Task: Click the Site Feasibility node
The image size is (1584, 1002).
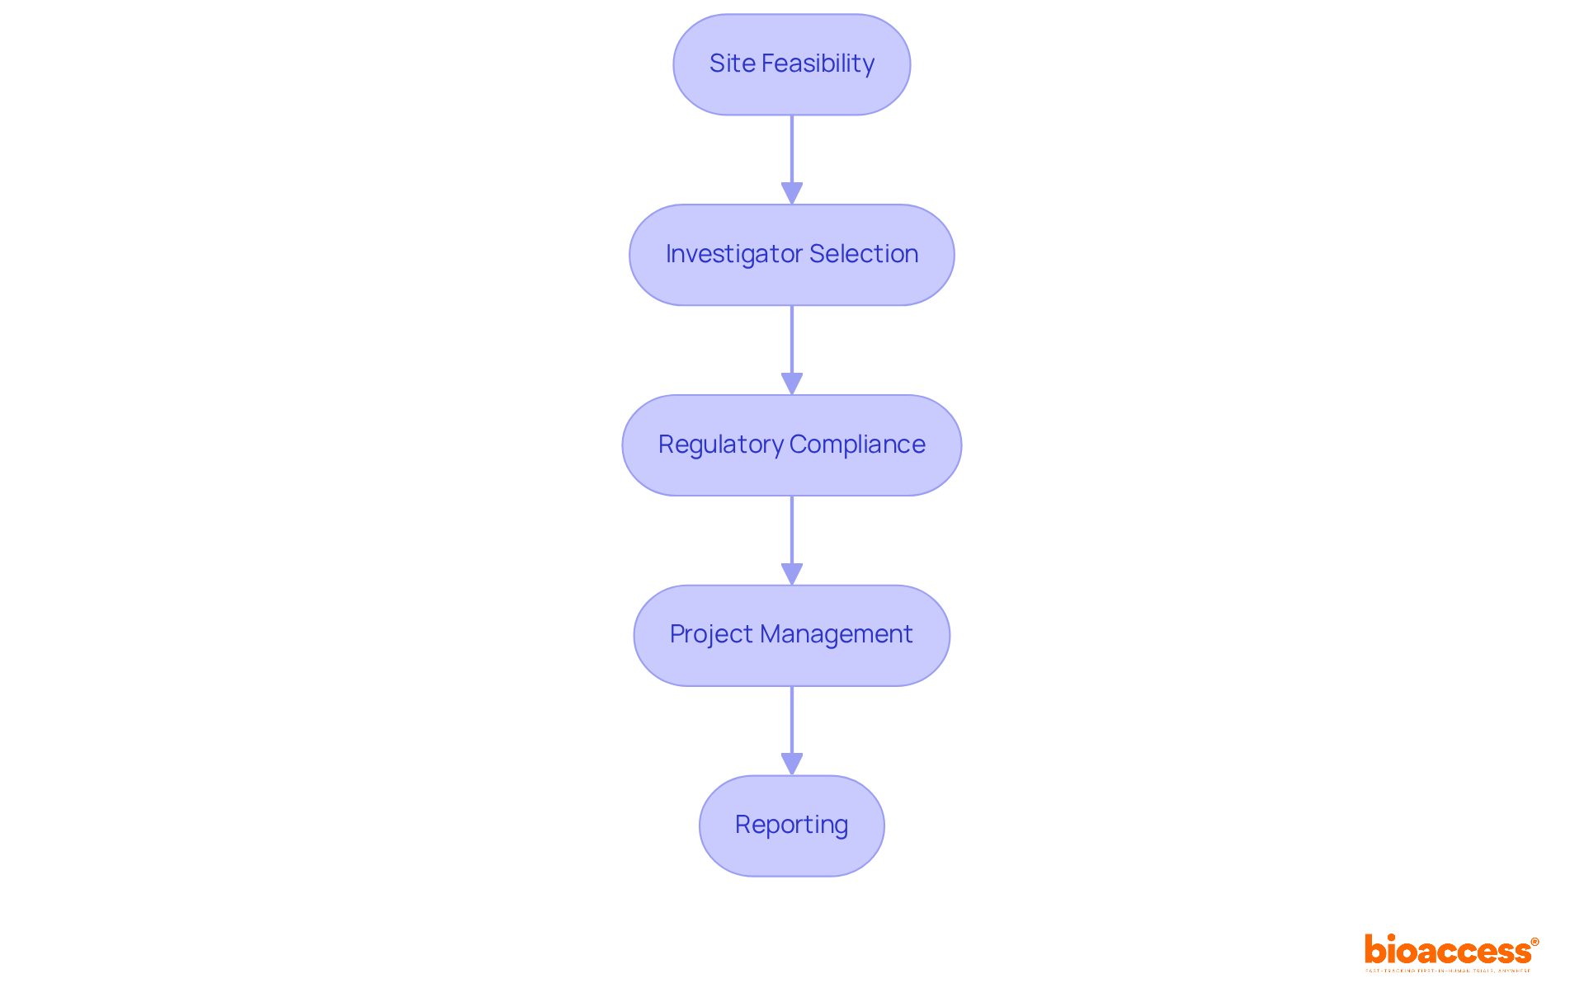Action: tap(791, 64)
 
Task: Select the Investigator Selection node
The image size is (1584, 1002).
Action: tap(791, 255)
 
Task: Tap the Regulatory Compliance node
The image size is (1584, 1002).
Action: tap(791, 445)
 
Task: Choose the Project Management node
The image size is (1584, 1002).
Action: tap(791, 635)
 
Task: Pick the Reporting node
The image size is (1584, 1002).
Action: tap(791, 826)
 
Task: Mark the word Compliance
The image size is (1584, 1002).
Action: tap(857, 445)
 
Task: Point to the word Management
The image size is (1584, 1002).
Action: tap(836, 634)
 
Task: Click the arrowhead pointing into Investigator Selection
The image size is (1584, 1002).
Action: tap(792, 193)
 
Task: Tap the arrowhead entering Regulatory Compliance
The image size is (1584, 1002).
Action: tap(792, 383)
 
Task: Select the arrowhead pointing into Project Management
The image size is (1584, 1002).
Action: tap(792, 574)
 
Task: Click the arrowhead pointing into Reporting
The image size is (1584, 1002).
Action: tap(792, 764)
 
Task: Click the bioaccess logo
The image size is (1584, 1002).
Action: tap(1448, 951)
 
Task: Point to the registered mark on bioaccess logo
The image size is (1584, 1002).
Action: tap(1534, 942)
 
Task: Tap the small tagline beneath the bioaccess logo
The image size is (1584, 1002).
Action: tap(1448, 971)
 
